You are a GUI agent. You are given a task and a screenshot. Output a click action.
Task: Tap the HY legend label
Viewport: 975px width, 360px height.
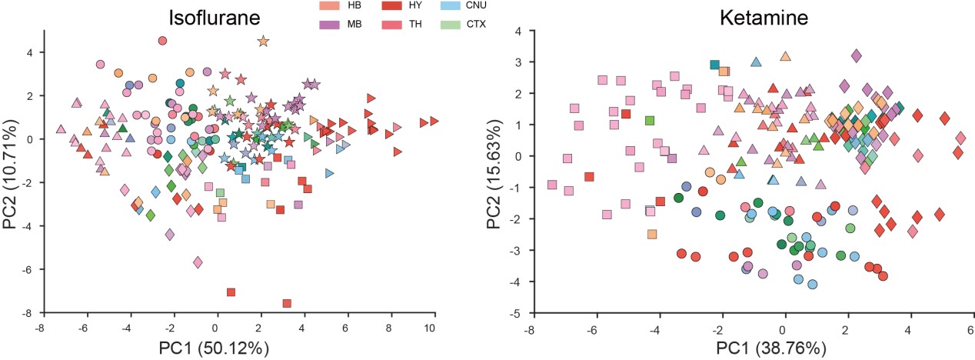coord(415,7)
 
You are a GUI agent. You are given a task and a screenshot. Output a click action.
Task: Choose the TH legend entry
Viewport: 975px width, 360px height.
coord(415,25)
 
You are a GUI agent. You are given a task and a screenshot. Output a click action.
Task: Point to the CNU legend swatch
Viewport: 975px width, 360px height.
coord(455,6)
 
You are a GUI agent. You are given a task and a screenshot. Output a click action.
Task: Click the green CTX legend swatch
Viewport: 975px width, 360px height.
coord(455,24)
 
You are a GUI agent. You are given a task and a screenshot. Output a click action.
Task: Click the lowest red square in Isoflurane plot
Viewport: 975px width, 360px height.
coord(287,303)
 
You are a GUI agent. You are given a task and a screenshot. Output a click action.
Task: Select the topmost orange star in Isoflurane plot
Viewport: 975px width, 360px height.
coord(263,42)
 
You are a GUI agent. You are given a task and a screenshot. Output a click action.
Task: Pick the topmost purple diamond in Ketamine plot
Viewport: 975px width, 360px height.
coord(857,55)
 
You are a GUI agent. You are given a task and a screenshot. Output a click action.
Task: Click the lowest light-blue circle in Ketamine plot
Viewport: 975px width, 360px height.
coord(812,284)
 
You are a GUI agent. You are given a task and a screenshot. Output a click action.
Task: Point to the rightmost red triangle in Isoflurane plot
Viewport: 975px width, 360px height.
coord(434,121)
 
